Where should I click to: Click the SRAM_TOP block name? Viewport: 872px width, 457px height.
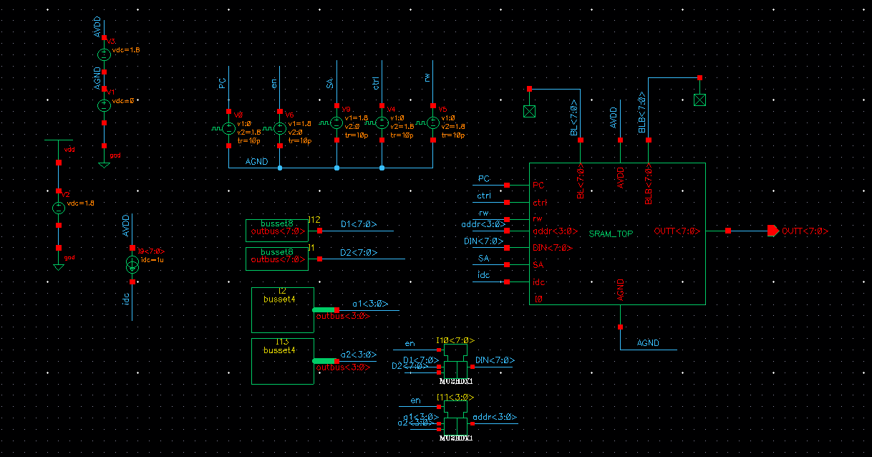611,234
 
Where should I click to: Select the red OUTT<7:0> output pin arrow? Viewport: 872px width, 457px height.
772,231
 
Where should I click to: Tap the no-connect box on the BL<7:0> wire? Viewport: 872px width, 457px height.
530,111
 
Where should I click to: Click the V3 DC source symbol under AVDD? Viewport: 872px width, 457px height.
104,54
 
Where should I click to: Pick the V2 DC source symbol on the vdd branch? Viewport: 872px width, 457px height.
59,208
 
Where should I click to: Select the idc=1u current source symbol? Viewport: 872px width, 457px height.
132,264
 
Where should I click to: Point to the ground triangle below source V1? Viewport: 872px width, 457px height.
104,164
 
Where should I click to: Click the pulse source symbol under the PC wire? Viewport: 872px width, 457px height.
229,129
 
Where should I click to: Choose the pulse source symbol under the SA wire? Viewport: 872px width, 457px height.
336,123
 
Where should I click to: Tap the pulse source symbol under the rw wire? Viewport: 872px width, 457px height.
433,123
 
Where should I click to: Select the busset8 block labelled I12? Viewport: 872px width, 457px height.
276,230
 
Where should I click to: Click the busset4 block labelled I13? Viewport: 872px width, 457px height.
282,361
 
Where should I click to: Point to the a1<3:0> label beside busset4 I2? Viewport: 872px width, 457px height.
369,304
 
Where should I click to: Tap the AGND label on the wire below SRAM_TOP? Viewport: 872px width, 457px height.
648,343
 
